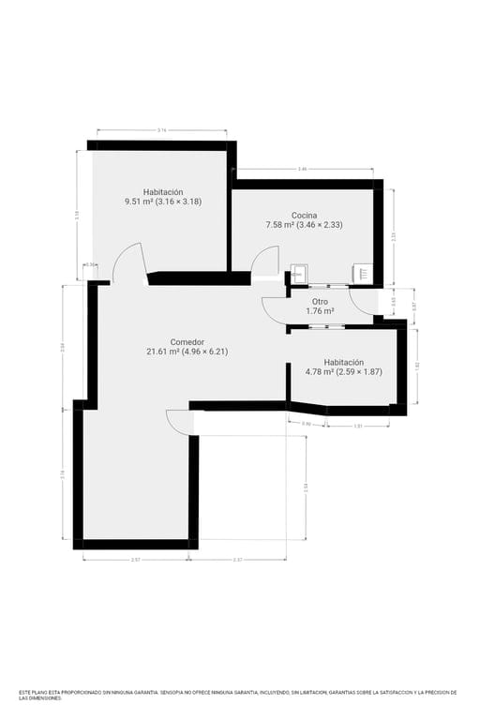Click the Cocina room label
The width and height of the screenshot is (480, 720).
point(304,215)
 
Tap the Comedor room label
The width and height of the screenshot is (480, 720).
point(187,342)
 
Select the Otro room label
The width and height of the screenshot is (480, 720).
point(320,301)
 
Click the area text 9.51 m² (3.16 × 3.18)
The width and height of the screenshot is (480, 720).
point(163,201)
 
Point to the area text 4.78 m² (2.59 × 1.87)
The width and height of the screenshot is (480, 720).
point(343,371)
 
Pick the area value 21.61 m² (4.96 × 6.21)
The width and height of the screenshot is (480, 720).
point(187,352)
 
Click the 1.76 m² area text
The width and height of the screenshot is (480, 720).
point(321,310)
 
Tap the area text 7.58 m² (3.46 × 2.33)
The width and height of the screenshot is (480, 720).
point(304,224)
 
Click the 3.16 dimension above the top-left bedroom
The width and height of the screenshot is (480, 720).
point(161,130)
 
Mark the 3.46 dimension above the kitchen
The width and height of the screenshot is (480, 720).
point(302,169)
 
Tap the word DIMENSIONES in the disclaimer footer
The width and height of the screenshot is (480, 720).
point(43,698)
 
